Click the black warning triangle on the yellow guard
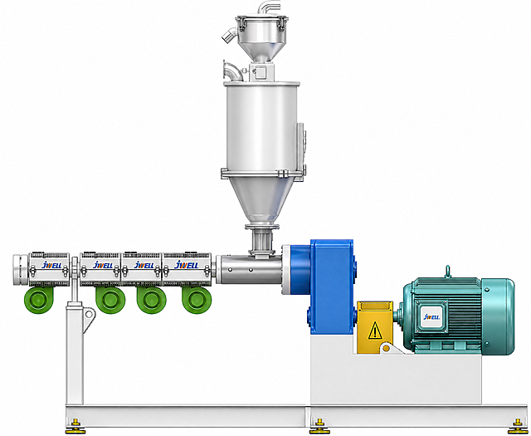point(375,331)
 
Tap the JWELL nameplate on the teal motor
point(431,317)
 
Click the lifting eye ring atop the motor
point(448,272)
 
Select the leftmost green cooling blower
point(39,300)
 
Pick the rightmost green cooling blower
point(197,300)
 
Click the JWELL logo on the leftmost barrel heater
point(51,265)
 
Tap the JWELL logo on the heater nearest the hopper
point(186,265)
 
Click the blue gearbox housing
point(332,287)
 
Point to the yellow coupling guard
point(374,326)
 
